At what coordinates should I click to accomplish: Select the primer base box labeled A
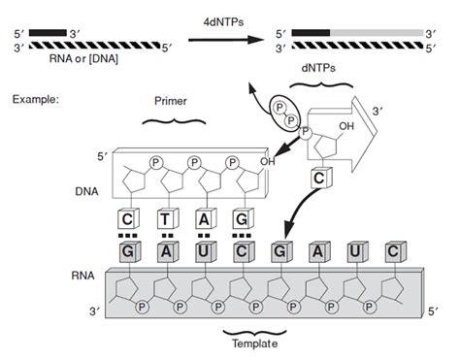[203, 220]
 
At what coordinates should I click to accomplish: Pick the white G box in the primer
[240, 220]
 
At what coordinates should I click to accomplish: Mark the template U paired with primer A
[203, 251]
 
